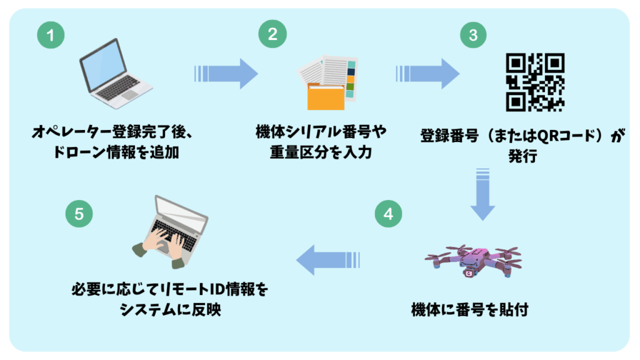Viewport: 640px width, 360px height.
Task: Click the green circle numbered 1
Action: (x=50, y=36)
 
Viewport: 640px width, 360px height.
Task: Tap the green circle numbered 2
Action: (x=272, y=35)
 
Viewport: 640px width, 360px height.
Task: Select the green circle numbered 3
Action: (x=472, y=35)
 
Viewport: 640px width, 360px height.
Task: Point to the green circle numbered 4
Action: (x=388, y=214)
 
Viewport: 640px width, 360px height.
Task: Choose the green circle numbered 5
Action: (x=79, y=214)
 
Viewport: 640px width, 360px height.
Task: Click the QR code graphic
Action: (x=535, y=82)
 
